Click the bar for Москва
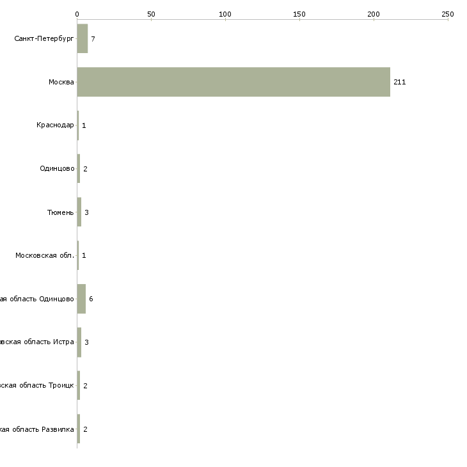pos(233,82)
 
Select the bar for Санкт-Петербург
pos(83,39)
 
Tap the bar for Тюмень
pos(79,212)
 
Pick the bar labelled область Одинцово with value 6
pos(81,299)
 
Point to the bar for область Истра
pos(79,342)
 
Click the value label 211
pos(400,83)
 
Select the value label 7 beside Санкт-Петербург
pos(93,39)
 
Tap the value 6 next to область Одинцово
pos(91,299)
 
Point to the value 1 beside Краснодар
pos(84,125)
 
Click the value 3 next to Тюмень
pos(86,212)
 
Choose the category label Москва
pos(61,83)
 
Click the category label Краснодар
pos(55,125)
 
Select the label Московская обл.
pos(45,256)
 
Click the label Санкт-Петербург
pos(44,39)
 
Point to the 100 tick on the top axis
pos(225,13)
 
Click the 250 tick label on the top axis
pos(448,13)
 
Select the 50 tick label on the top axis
pos(151,13)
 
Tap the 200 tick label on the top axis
pos(374,13)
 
